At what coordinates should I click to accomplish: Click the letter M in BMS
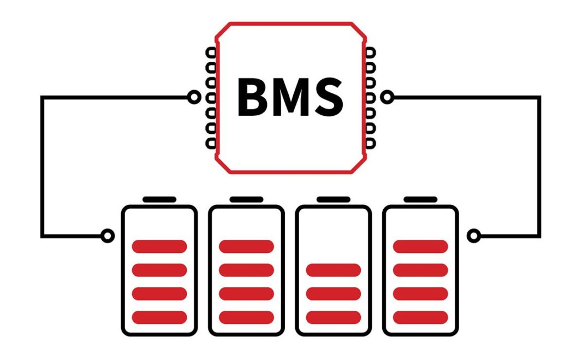pos(291,97)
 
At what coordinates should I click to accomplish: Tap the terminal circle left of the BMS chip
pos(194,97)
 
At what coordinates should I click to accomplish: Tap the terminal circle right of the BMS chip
pos(387,97)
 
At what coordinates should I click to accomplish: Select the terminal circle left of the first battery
pos(108,236)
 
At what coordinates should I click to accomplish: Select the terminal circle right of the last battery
pos(474,236)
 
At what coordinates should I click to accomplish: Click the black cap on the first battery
pos(159,200)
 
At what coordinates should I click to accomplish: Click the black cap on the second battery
pos(247,200)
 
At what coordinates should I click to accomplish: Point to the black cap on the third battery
pos(334,200)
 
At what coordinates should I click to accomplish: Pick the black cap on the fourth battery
pos(420,200)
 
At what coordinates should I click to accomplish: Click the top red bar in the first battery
pos(159,246)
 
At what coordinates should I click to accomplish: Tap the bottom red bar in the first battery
pos(159,317)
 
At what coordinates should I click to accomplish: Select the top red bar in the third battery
pos(334,270)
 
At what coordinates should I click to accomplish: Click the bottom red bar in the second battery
pos(247,317)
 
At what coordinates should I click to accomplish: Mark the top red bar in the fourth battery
pos(420,246)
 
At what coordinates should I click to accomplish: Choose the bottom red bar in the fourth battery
pos(420,317)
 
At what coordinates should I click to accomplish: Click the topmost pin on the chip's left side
pos(211,52)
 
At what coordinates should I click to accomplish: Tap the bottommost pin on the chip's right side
pos(370,143)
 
